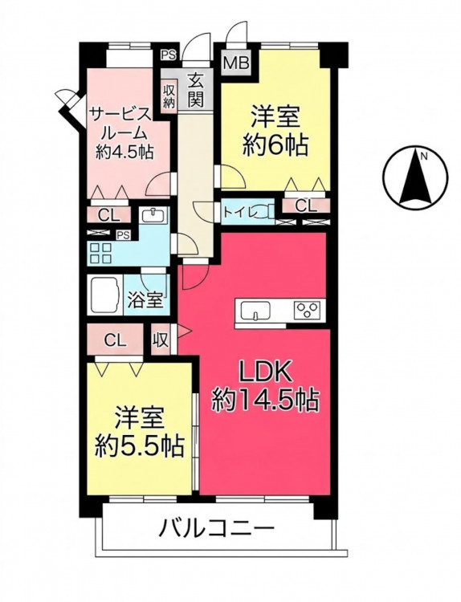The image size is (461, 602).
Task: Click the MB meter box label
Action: point(237,63)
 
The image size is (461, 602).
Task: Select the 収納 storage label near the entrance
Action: point(169,96)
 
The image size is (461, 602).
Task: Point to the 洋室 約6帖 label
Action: point(275,131)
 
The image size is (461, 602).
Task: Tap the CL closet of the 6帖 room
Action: point(306,206)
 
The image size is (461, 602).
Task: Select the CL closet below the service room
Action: point(108,215)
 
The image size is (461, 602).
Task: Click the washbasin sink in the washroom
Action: point(153,215)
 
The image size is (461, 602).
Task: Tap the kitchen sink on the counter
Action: point(255,310)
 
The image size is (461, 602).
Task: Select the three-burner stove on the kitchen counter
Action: point(307,310)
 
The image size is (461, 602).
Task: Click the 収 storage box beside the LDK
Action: point(161,340)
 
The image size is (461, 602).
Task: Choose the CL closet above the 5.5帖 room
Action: point(116,340)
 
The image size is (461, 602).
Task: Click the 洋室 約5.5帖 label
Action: point(140,432)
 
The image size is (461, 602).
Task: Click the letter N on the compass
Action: point(424,156)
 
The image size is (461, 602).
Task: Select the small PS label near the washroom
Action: point(123,234)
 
